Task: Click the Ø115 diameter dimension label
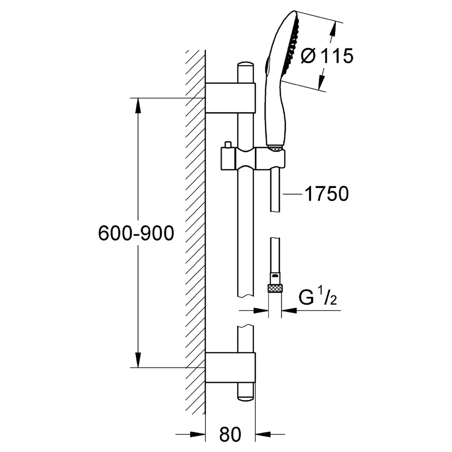pos(327,56)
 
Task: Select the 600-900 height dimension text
pos(136,233)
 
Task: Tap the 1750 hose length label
pos(327,194)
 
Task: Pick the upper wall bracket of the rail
pos(231,98)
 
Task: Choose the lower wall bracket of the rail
pos(231,367)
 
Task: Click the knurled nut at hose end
pos(275,288)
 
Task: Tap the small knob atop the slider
pos(228,145)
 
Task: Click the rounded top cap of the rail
pos(245,64)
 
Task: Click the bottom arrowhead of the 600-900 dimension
pos(138,360)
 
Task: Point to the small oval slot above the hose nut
pos(275,276)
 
